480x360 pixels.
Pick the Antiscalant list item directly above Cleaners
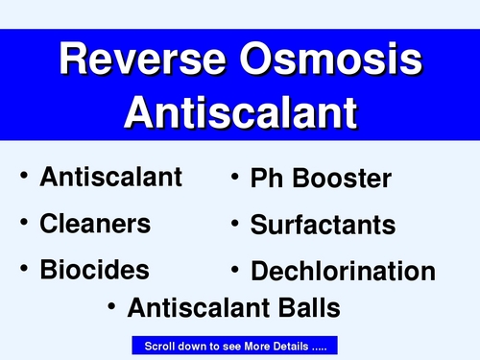point(110,177)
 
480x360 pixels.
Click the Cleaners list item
point(95,224)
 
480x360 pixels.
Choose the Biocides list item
point(94,269)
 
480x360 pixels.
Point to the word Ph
point(267,179)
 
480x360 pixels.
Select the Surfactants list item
point(323,226)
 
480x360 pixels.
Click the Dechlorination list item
point(343,271)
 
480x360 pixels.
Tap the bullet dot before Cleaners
point(23,224)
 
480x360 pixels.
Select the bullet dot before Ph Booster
point(233,178)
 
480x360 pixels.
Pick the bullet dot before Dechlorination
point(233,270)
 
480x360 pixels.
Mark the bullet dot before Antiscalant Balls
point(111,308)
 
